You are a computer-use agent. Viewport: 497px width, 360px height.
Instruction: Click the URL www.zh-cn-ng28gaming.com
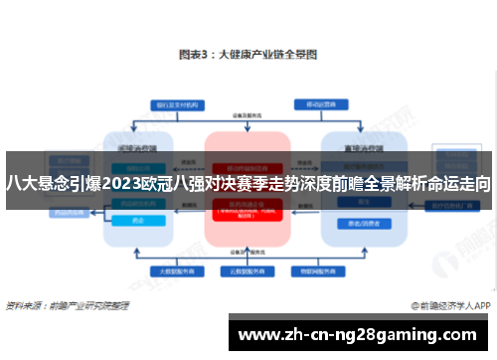tap(360, 333)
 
